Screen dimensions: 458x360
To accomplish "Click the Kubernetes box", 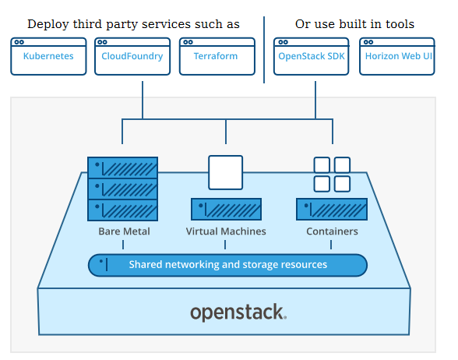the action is pos(48,56).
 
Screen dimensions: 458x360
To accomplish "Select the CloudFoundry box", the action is pos(132,56).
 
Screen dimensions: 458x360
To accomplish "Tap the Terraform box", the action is pos(217,56).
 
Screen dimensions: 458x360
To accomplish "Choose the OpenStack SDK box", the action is pos(312,56).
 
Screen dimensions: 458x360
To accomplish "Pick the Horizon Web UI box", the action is pos(397,56).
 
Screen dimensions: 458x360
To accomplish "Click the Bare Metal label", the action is pos(124,231).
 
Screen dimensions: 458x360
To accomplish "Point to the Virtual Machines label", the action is pos(226,231).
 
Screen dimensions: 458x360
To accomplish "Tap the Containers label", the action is pos(332,231).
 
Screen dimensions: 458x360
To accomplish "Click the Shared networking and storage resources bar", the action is pos(227,265).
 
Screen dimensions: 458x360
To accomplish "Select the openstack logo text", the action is pos(238,312).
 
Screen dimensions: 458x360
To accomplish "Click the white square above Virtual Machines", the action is pos(226,172).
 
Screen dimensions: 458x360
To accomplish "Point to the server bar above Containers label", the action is pos(332,209).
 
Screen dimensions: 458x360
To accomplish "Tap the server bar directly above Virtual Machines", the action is pos(226,209).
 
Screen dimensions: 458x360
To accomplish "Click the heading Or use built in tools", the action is pos(354,24).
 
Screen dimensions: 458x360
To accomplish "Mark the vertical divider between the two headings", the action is pos(264,50).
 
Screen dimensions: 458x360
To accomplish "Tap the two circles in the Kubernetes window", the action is pos(19,42).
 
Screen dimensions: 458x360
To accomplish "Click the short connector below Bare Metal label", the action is pos(123,245).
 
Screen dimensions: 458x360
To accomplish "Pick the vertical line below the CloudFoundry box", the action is pos(143,100).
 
